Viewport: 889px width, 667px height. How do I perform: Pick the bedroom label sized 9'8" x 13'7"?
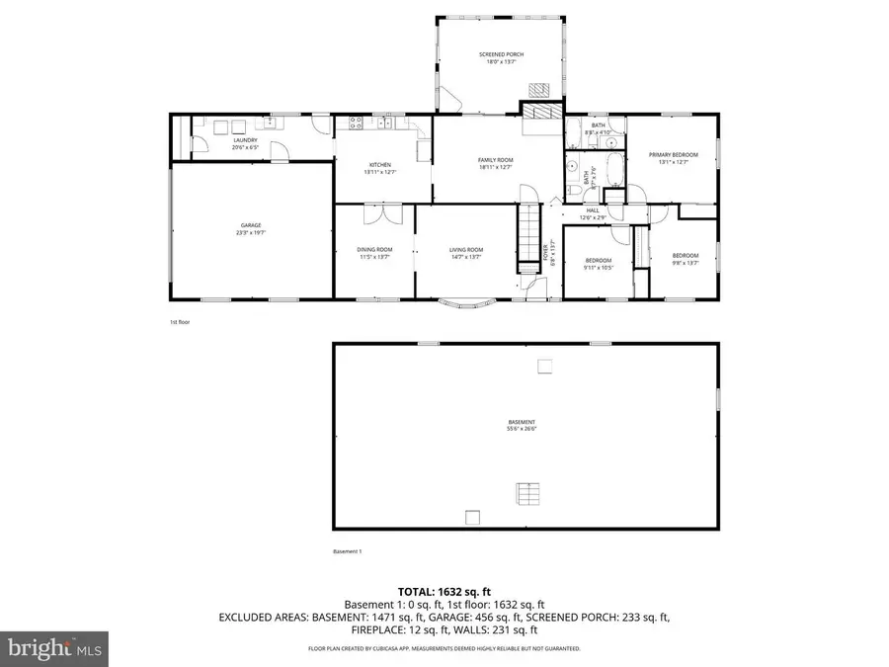click(686, 259)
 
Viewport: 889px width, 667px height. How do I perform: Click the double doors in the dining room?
click(374, 214)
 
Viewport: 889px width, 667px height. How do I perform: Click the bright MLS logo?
click(55, 648)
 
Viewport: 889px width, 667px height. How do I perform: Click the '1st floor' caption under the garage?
click(179, 322)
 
